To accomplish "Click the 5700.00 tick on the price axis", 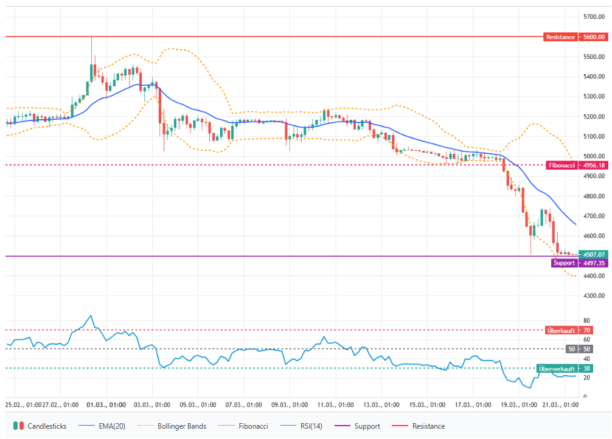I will point(593,17).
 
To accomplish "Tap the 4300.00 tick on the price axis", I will point(593,296).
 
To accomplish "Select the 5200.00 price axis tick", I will point(593,117).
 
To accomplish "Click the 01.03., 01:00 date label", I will point(106,404).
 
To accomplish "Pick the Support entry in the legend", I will point(361,426).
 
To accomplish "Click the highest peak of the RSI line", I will point(91,316).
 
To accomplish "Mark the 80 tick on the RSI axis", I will point(586,320).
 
